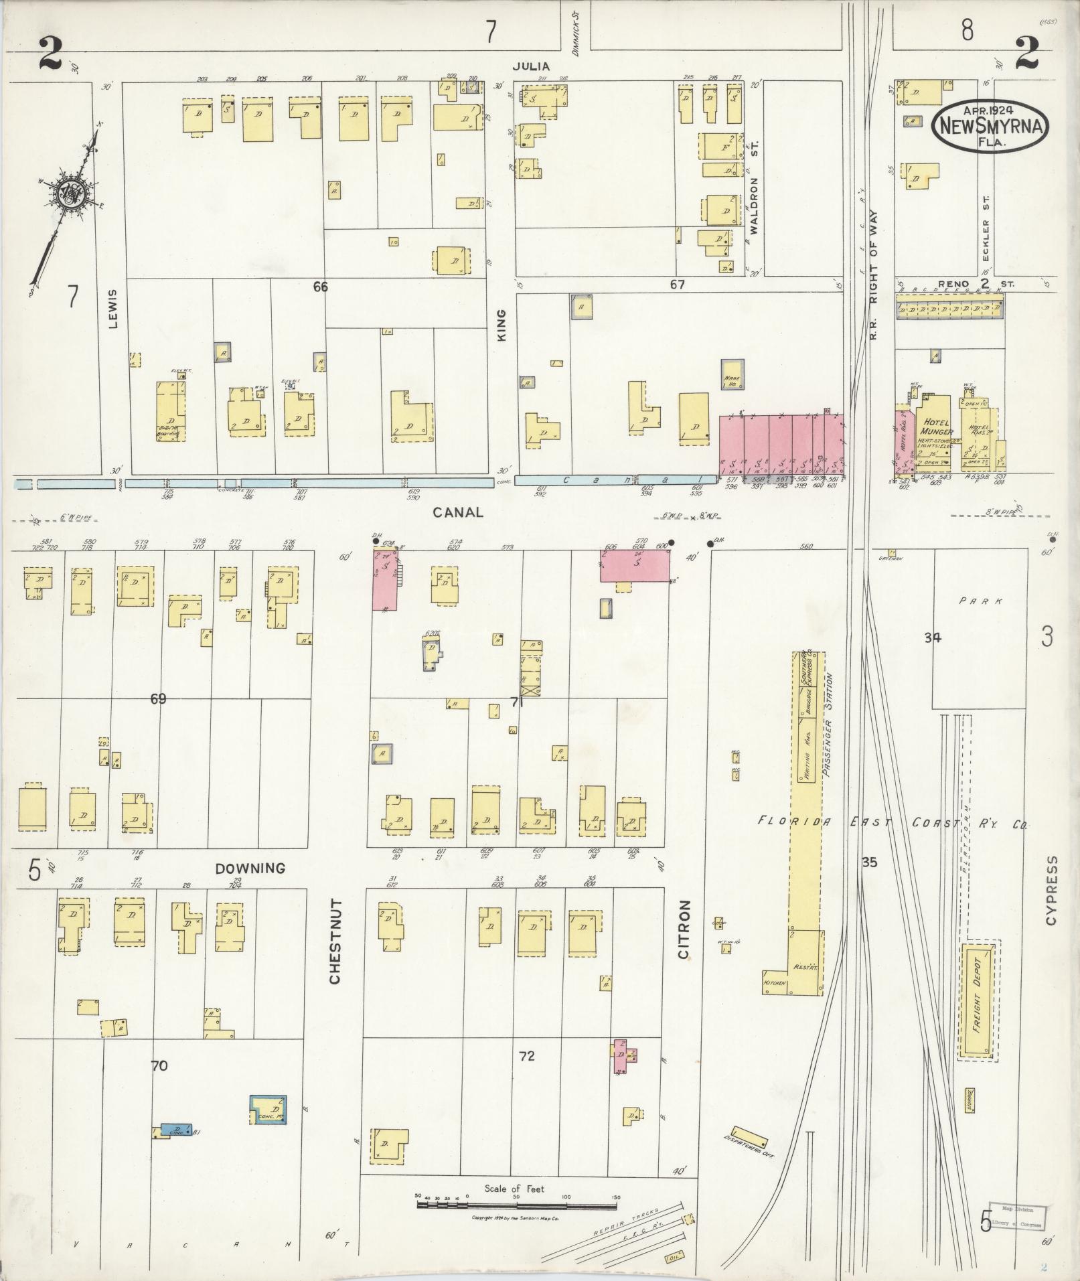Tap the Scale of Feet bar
point(516,1205)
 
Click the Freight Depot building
point(978,1010)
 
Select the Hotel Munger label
point(937,427)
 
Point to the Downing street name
point(250,869)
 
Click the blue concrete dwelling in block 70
point(268,1110)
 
